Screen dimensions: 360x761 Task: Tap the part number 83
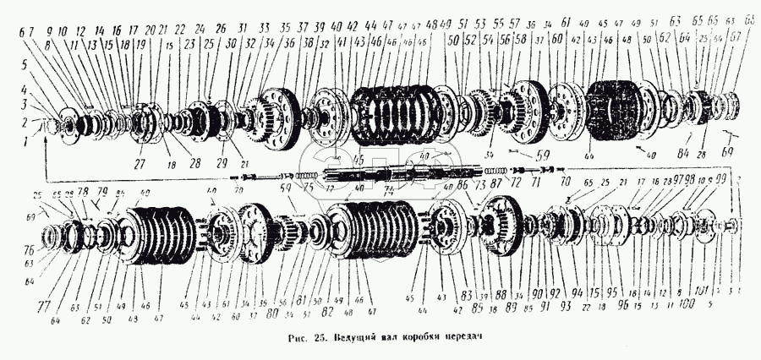tap(464, 296)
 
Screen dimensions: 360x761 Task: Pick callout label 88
tap(501, 295)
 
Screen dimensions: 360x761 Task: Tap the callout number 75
tap(309, 188)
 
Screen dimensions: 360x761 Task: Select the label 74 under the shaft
tap(390, 192)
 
